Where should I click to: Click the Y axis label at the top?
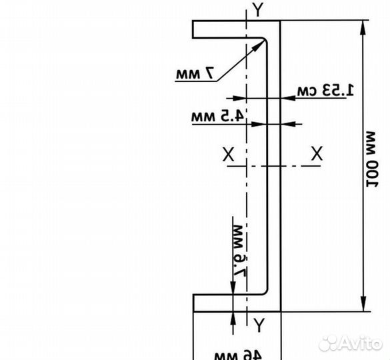(x=258, y=9)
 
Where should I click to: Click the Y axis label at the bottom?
(x=259, y=325)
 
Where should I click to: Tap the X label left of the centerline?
(x=228, y=154)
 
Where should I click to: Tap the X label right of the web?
(x=317, y=153)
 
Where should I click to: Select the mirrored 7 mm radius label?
(x=195, y=73)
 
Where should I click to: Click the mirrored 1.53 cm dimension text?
(x=325, y=90)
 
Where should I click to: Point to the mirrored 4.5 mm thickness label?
(x=217, y=116)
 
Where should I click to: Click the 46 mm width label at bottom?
(x=238, y=355)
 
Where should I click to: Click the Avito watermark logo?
(x=350, y=343)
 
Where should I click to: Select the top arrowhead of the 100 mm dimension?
(x=363, y=28)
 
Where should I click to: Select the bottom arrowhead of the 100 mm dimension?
(x=363, y=303)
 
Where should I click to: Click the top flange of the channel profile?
(x=236, y=29)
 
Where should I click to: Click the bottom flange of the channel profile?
(x=237, y=303)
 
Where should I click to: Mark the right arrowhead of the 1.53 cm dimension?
(x=289, y=98)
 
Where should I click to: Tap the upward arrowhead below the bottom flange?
(x=233, y=319)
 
